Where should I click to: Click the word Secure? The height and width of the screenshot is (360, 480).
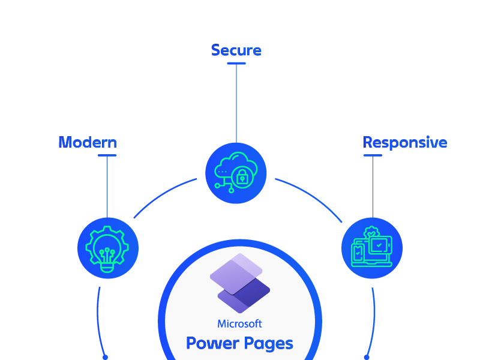[x=236, y=50]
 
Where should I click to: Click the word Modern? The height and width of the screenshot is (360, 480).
[x=88, y=142]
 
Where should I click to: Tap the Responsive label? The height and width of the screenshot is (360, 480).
[x=405, y=142]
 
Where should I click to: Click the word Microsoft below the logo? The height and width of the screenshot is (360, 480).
[x=239, y=324]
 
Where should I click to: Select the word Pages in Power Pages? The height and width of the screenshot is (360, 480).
[x=267, y=344]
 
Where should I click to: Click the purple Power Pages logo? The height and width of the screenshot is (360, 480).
[x=239, y=283]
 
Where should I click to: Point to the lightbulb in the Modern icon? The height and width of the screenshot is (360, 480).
[x=107, y=252]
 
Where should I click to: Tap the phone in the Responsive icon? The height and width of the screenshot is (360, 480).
[x=358, y=253]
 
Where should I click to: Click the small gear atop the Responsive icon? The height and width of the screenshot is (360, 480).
[x=371, y=230]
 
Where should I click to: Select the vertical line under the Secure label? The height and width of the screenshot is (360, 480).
[x=236, y=99]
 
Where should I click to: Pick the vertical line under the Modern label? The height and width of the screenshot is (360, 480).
[x=107, y=186]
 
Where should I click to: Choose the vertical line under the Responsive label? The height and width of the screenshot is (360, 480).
[x=373, y=186]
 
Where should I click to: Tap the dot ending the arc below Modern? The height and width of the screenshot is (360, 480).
[x=105, y=357]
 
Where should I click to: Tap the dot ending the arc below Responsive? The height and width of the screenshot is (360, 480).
[x=367, y=357]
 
